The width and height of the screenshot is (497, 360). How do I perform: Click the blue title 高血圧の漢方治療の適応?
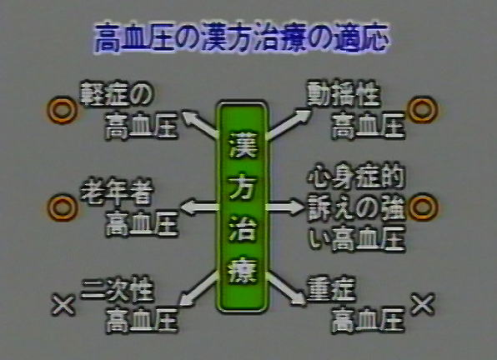pos(242,37)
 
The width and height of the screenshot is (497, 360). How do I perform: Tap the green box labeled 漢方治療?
pos(242,207)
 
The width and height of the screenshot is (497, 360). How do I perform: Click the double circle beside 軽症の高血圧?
pos(62,110)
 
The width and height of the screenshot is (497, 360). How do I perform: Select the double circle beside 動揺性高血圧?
pos(423,109)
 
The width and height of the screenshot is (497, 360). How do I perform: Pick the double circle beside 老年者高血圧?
pos(62,207)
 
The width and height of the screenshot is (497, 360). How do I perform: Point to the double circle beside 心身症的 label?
pos(423,207)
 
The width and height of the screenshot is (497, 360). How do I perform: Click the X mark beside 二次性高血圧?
pos(63,305)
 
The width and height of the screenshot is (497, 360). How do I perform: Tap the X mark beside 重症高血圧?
pos(423,304)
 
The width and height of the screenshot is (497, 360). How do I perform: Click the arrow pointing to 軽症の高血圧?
pos(199,124)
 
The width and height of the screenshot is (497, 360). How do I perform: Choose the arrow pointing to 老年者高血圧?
pos(199,207)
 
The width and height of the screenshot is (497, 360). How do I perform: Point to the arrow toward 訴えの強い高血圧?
pos(285,207)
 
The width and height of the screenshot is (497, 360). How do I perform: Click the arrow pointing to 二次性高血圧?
pos(199,289)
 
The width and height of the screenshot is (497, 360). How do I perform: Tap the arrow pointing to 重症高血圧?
pos(286,289)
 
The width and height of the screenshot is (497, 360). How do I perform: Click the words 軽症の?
pos(116,93)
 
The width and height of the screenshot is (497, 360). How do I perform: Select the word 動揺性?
pos(344,93)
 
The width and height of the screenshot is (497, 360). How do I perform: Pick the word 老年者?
pos(117,191)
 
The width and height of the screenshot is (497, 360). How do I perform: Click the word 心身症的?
pos(356,176)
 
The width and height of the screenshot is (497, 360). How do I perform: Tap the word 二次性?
pos(118,289)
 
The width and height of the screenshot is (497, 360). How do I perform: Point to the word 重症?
pos(331,288)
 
